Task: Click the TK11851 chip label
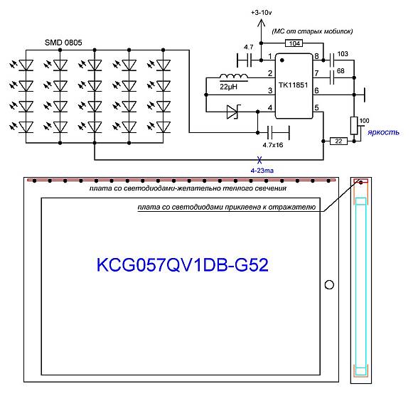293,85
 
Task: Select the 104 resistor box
294,43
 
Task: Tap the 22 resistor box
338,141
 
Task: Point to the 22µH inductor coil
234,76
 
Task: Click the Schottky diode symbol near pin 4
234,112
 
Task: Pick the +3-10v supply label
262,12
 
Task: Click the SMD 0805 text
63,43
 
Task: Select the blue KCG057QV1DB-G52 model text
183,265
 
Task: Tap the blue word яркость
383,132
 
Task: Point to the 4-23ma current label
262,171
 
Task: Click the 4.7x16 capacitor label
273,145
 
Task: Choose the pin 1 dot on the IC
282,60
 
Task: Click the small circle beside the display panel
329,285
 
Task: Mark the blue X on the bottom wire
259,160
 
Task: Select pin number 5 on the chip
316,107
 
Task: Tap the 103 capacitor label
343,54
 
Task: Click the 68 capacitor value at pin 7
340,71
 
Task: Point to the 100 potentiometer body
354,126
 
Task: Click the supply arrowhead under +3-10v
261,23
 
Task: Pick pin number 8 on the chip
316,56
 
